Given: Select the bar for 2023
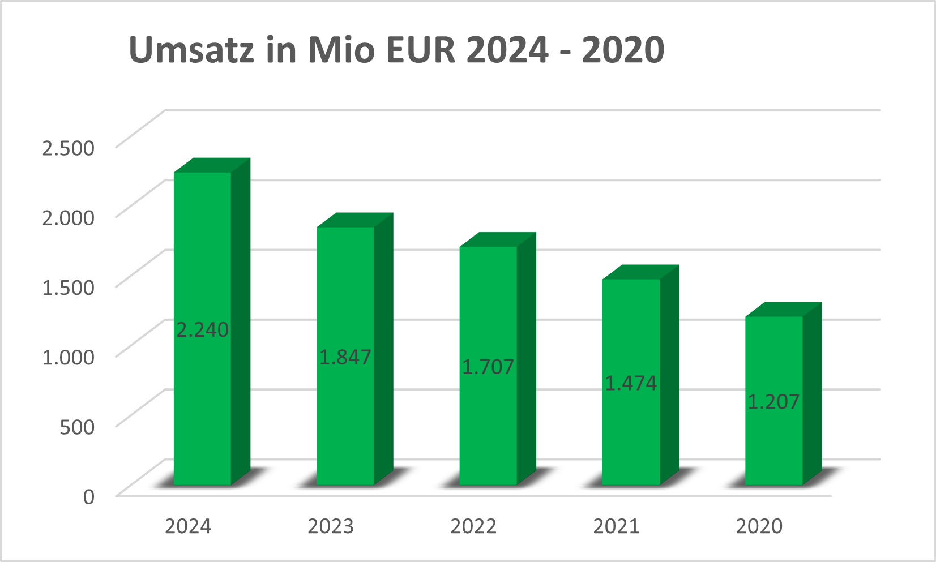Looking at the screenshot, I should point(345,283).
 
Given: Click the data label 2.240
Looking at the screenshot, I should point(202,329).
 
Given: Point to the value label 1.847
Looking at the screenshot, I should point(345,357).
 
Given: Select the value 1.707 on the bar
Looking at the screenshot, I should point(488,367).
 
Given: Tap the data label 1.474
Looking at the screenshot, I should point(631,383).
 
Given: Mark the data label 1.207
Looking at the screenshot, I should point(773,402).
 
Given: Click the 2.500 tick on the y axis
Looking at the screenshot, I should point(68,148).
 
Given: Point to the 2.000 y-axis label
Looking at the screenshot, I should point(68,217).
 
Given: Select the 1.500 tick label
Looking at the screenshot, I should point(68,287).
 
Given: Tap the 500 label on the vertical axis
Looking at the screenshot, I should point(77,426).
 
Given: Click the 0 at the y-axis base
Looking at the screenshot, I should point(89,496).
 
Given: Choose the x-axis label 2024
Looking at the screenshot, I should point(188,526).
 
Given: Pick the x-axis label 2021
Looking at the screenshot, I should point(616,526).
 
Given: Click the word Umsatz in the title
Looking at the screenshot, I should point(191,49).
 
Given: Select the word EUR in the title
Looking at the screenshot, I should point(421,49).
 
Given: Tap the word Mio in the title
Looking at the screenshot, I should point(341,49).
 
